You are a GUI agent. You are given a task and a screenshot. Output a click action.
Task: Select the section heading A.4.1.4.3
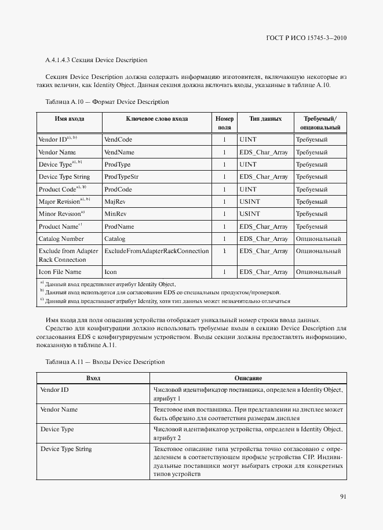pos(96,60)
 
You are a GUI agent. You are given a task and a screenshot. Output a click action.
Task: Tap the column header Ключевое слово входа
pos(156,119)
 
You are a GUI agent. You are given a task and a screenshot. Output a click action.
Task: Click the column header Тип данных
pos(265,119)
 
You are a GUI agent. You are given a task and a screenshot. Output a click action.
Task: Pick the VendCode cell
pos(118,140)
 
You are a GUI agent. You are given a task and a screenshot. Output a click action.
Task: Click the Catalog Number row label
pos(61,239)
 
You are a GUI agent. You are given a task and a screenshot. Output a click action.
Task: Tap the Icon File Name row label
pos(60,272)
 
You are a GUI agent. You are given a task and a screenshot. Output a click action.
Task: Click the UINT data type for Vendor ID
pos(247,140)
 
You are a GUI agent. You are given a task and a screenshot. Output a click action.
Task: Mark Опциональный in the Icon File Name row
pos(318,272)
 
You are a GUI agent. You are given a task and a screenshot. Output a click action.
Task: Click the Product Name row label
pos(60,226)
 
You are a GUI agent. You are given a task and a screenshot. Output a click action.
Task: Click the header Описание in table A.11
pos(248,378)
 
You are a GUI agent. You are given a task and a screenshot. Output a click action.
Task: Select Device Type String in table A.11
pos(65,449)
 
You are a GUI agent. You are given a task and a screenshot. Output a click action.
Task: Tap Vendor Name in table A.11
pos(59,410)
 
